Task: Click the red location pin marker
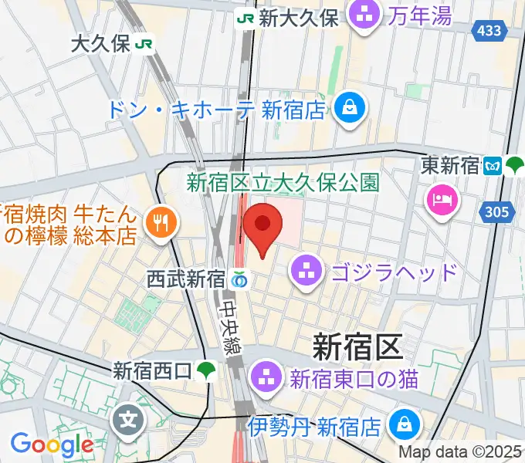(262, 226)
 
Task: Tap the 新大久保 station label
(298, 19)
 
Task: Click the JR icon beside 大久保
(143, 45)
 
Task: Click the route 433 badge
(489, 31)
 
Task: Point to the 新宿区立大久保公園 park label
(283, 182)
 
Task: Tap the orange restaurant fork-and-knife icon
(161, 223)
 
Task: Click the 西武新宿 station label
(185, 279)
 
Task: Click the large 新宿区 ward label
(357, 347)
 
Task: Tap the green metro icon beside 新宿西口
(205, 371)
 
